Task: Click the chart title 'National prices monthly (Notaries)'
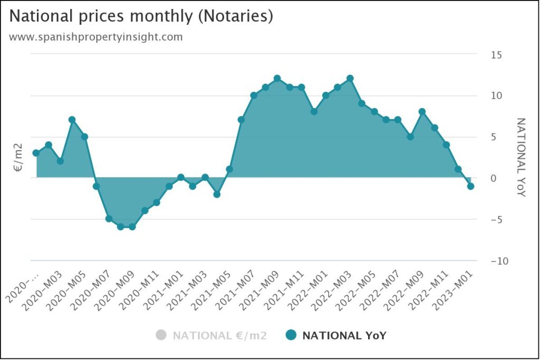point(141,16)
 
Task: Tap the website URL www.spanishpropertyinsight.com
point(96,37)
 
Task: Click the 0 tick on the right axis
point(494,179)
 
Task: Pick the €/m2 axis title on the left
point(17,159)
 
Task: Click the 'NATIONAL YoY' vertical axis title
point(520,158)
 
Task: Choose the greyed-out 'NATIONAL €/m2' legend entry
point(211,335)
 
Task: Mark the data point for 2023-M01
point(471,186)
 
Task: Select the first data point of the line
point(36,153)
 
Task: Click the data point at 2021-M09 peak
point(277,79)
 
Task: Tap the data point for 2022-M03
point(350,79)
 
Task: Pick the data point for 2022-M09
point(422,111)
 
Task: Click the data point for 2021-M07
point(254,95)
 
